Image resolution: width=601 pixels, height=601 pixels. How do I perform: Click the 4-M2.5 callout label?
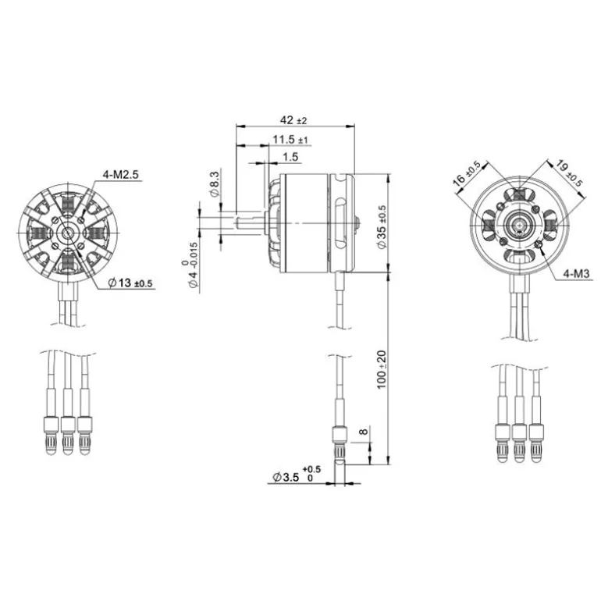click(x=120, y=175)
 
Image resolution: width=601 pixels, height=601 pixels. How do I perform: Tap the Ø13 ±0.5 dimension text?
click(x=130, y=283)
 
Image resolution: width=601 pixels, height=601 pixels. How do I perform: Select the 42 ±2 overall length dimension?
click(x=293, y=120)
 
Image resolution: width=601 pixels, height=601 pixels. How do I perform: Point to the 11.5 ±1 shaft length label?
click(x=290, y=140)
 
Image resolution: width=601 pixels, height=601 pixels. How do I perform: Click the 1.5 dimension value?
click(x=290, y=157)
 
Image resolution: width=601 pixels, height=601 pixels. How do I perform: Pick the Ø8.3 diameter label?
click(x=215, y=184)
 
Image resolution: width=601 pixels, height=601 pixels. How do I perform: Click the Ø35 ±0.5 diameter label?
click(x=382, y=227)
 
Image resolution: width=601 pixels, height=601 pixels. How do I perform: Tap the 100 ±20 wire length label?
click(x=382, y=369)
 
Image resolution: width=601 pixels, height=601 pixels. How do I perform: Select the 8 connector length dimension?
click(x=364, y=432)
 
